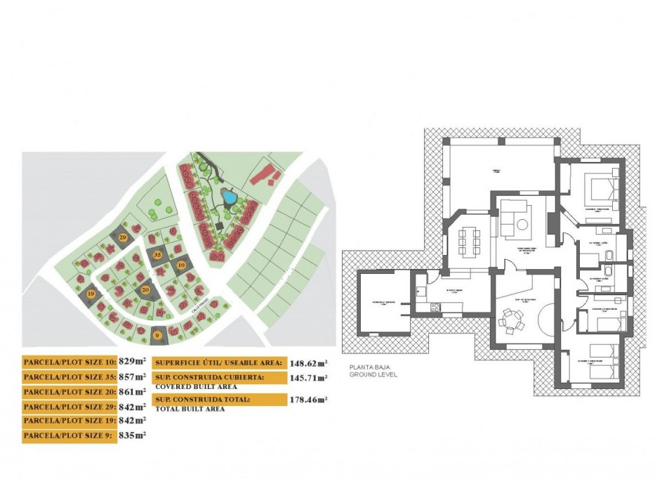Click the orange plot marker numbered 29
124,238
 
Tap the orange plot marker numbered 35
158,254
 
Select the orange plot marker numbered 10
181,265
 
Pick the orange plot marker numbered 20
145,289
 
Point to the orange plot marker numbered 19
91,294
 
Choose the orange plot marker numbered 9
157,335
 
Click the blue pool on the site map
229,197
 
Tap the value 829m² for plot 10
136,362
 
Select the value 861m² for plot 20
136,391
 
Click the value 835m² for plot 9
136,435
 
